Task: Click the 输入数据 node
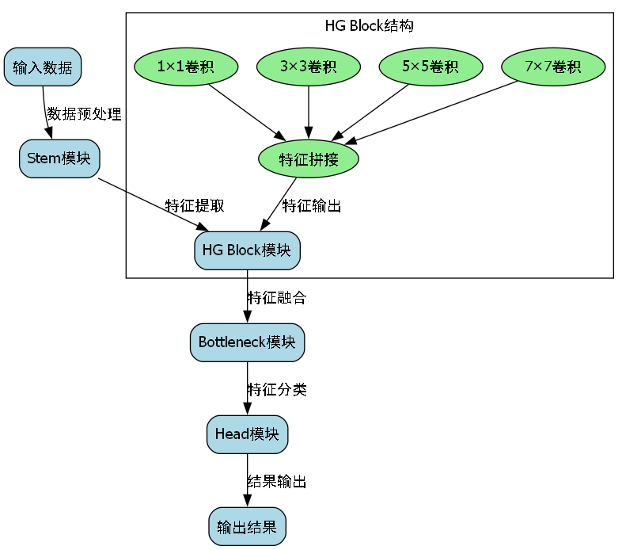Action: [x=43, y=67]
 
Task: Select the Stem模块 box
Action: [x=59, y=158]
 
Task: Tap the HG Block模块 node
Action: [x=247, y=250]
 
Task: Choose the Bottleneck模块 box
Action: [x=247, y=342]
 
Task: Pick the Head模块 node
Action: [x=247, y=434]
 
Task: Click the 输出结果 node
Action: [x=247, y=526]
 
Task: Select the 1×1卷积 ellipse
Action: [x=186, y=67]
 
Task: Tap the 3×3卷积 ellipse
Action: [x=309, y=67]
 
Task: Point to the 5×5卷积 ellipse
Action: [x=431, y=67]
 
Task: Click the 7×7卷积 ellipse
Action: [x=553, y=67]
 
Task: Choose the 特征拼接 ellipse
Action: [x=309, y=159]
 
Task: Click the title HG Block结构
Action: [x=370, y=25]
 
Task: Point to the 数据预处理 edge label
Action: [x=84, y=113]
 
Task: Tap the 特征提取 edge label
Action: [x=195, y=205]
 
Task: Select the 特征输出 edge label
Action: [x=312, y=205]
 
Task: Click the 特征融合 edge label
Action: [x=277, y=298]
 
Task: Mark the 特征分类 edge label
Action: [x=277, y=389]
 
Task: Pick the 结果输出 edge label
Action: [x=277, y=481]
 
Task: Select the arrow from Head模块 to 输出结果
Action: [x=247, y=480]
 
